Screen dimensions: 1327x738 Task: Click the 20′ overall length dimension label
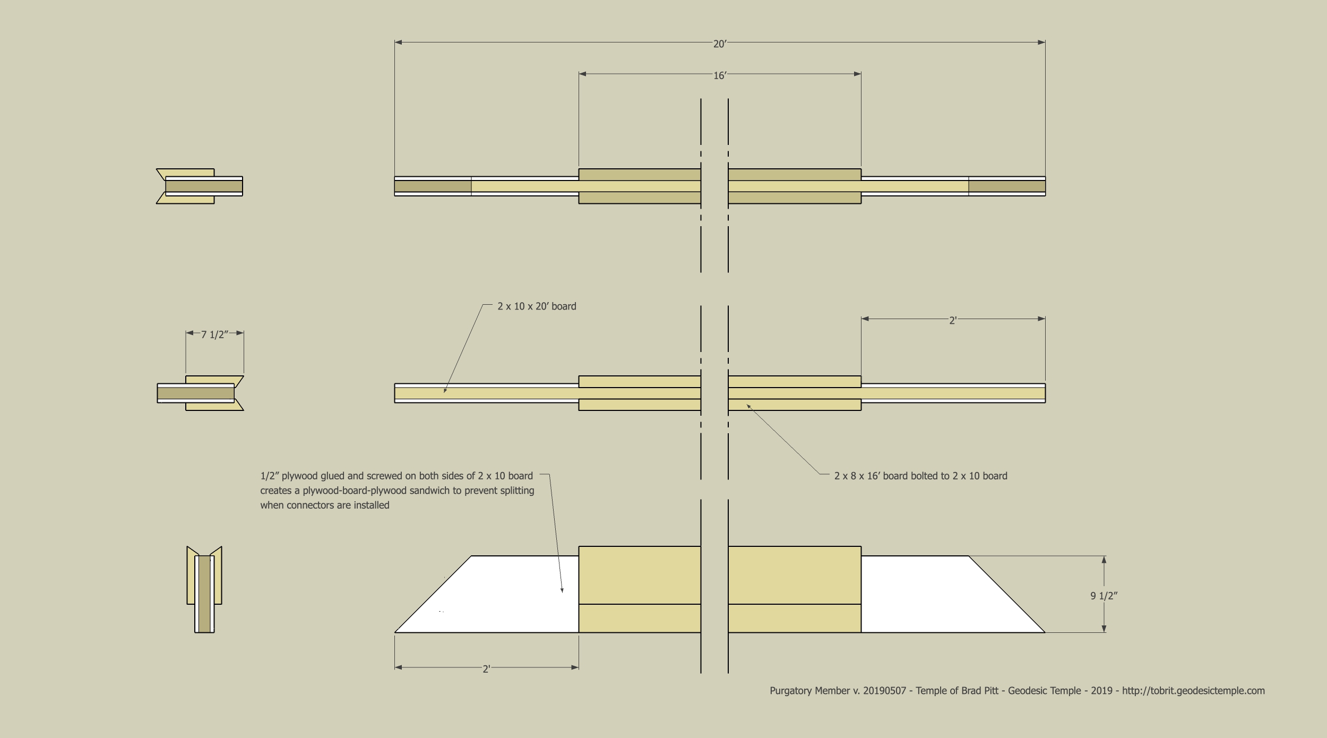click(x=720, y=44)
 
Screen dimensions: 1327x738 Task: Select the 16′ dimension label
click(x=720, y=76)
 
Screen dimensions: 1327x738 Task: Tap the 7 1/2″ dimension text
click(x=214, y=334)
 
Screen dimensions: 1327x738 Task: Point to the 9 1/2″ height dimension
click(x=1104, y=596)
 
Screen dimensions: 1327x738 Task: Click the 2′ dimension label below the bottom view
click(x=486, y=669)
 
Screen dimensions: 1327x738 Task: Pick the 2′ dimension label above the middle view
click(x=953, y=321)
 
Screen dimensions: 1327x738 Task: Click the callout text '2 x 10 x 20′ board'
click(x=537, y=306)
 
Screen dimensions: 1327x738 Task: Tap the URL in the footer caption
click(x=1193, y=691)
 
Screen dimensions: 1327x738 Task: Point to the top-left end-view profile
click(x=200, y=186)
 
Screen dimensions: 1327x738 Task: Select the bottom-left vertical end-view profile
click(x=204, y=589)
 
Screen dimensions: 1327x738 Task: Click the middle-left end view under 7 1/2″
click(x=200, y=393)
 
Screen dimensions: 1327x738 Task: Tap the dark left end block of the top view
click(x=433, y=186)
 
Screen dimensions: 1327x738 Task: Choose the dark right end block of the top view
click(x=1007, y=186)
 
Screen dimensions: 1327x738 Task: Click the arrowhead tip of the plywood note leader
click(x=562, y=592)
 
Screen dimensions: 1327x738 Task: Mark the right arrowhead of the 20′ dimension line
click(x=1045, y=42)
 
